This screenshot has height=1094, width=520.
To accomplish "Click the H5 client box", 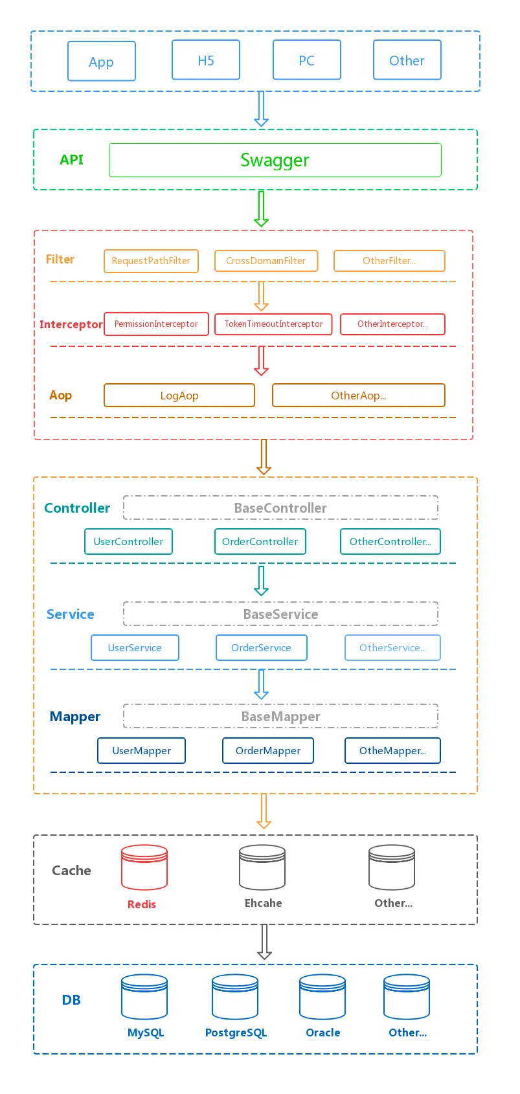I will pos(206,60).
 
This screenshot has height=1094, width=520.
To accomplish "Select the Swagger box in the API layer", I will pos(275,160).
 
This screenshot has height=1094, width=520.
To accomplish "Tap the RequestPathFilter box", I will pos(151,261).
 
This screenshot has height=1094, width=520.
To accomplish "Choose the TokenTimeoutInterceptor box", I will pos(273,324).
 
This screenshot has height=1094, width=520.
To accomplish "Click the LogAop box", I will pos(179,396).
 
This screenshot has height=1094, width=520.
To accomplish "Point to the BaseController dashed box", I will pos(280,508).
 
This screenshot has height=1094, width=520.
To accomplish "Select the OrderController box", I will pos(260,542).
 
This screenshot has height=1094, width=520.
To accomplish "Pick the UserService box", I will pos(135,648).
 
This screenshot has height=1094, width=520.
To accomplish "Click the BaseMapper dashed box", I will pos(280,717).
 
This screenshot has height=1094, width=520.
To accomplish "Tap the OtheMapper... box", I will pos(392,751).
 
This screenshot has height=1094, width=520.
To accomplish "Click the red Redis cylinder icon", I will pos(144,867).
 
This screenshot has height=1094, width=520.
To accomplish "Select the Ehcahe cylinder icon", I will pos(262,867).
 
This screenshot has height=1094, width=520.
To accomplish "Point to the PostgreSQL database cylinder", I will pos(235,997).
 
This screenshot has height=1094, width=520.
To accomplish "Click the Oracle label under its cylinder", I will pos(322,1033).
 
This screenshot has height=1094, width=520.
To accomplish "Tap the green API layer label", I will pos(71,160).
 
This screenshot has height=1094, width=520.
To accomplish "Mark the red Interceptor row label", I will pos(71,324).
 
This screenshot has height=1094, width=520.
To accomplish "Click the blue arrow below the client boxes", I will pos(261,109).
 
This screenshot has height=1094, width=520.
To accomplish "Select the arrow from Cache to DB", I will pos(264,942).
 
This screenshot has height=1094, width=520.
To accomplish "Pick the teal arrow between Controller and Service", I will pos(261,581).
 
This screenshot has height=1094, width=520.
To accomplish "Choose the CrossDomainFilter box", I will pos(266,261).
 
